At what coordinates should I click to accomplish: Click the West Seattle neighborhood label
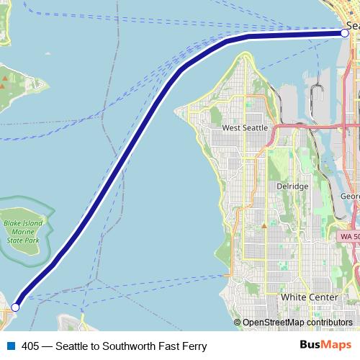[245, 127]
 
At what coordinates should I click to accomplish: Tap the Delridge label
[292, 186]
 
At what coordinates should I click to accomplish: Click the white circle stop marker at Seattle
[345, 32]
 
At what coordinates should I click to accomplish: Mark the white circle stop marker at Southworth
[15, 307]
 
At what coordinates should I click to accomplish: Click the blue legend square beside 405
[11, 346]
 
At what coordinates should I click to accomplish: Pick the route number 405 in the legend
[30, 346]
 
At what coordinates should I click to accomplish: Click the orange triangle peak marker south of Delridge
[264, 225]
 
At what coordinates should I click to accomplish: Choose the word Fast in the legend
[170, 346]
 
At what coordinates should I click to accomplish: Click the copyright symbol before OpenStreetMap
[238, 323]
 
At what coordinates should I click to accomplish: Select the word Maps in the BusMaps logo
[334, 346]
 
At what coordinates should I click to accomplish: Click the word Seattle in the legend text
[73, 346]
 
